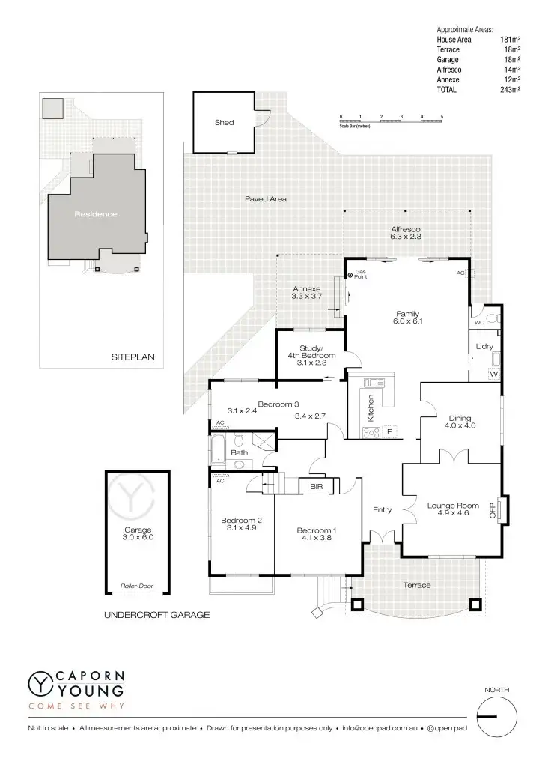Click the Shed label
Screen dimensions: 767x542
click(225, 122)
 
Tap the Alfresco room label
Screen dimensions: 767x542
click(406, 228)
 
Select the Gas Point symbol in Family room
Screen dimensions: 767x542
click(350, 276)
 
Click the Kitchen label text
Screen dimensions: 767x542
click(370, 408)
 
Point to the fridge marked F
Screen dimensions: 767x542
click(389, 431)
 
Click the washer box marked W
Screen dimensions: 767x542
click(494, 373)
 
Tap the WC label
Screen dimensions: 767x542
click(479, 323)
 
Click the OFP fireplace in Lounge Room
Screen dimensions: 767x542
click(493, 511)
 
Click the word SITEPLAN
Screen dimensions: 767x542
click(133, 357)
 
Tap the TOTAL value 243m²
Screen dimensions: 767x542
click(510, 90)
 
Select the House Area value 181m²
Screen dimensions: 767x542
click(510, 40)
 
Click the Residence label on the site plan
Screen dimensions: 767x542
click(96, 214)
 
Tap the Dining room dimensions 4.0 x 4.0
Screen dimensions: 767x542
click(460, 425)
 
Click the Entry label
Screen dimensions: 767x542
click(382, 510)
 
